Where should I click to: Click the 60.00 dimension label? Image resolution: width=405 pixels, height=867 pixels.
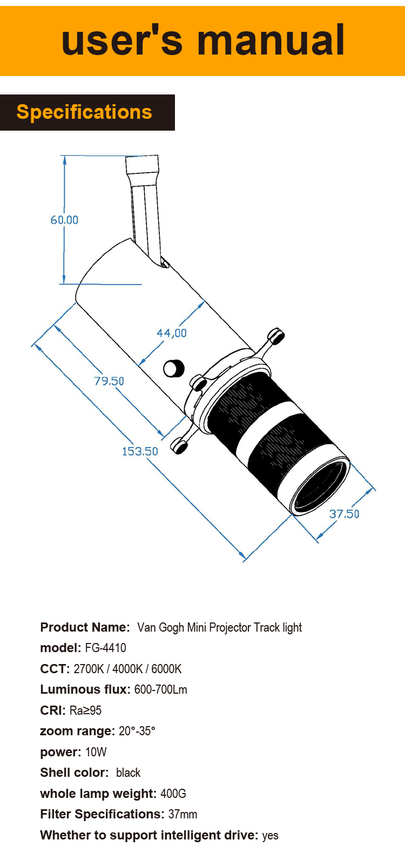tap(64, 220)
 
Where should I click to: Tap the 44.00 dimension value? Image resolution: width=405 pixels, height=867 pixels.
tap(172, 333)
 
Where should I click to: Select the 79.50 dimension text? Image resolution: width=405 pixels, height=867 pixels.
tap(109, 381)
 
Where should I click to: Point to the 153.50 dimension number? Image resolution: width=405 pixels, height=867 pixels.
tap(140, 451)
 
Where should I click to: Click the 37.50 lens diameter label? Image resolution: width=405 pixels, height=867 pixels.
tap(344, 514)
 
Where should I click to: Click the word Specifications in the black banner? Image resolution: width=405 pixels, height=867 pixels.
tap(84, 112)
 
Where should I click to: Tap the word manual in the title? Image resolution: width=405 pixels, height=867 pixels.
tap(271, 40)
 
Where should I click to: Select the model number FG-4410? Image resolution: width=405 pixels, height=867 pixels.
tap(105, 648)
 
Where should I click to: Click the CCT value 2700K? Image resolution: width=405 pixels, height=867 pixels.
tap(89, 669)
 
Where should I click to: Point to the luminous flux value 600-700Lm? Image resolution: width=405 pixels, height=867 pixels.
tap(160, 689)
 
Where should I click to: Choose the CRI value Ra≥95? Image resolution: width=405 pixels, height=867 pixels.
tap(85, 710)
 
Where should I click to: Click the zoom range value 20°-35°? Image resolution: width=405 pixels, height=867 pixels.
tap(137, 731)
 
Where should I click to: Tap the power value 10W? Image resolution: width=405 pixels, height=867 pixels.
tap(96, 752)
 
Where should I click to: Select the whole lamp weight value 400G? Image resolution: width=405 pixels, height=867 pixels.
tap(173, 794)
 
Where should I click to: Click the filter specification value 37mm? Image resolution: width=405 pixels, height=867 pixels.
tap(183, 814)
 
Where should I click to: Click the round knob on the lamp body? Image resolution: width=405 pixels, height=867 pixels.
tap(173, 368)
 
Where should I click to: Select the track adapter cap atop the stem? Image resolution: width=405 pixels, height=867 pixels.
tap(142, 164)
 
